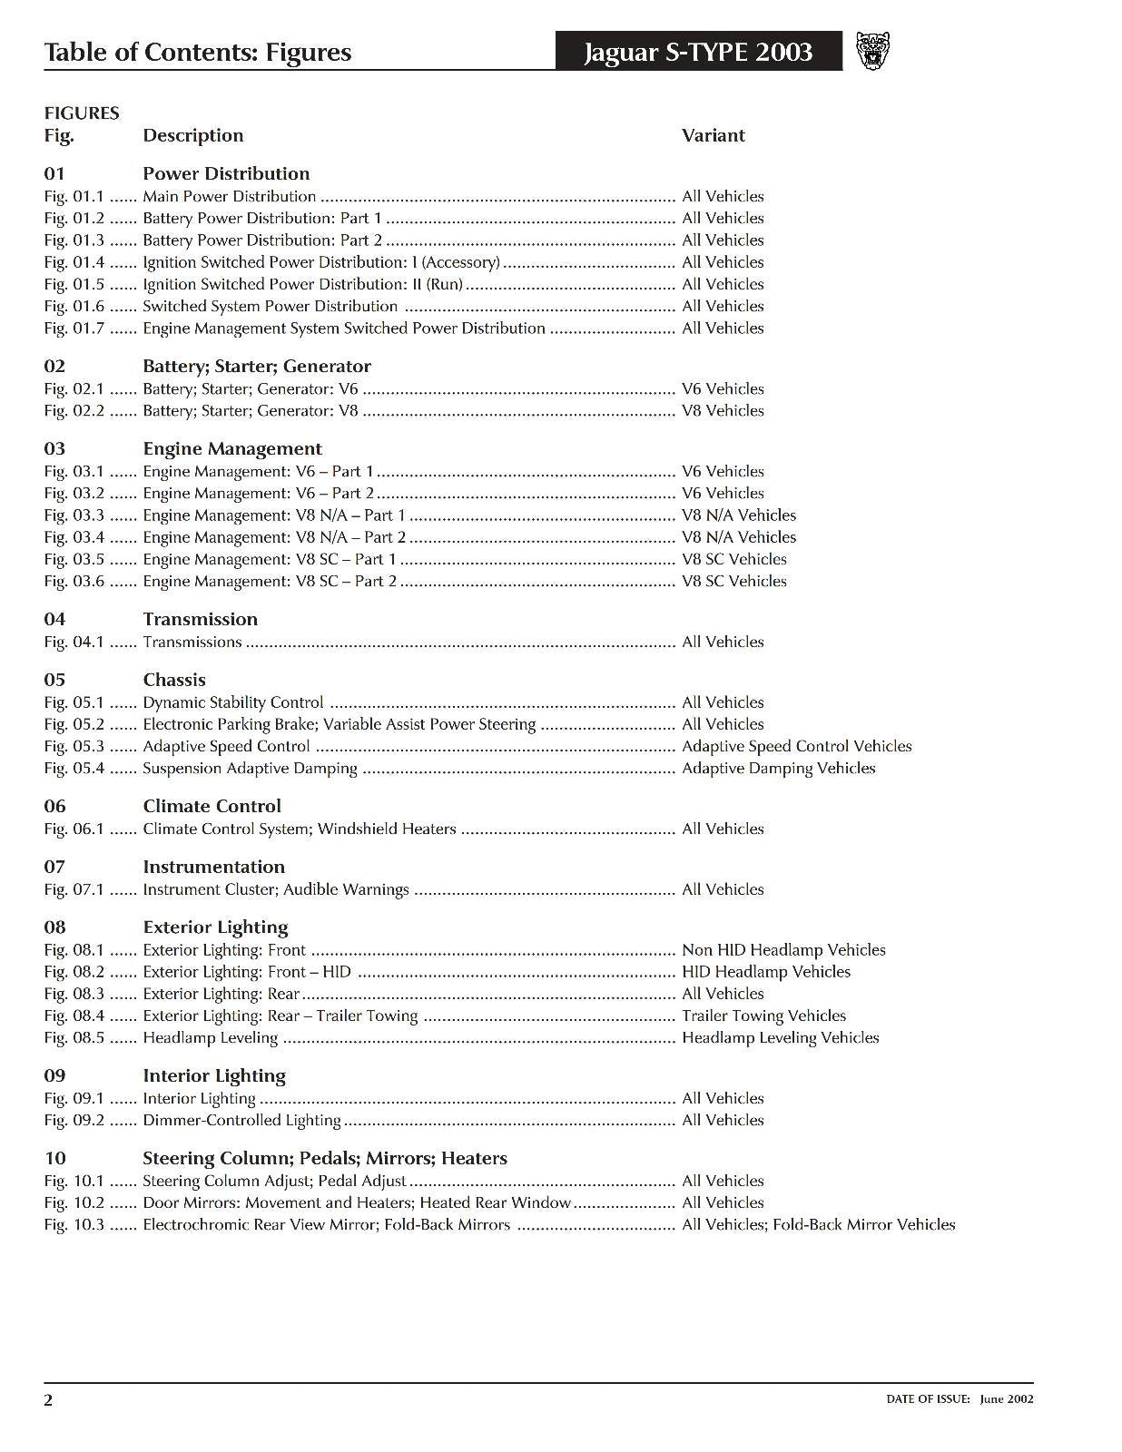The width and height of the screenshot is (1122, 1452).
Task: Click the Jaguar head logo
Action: [x=873, y=51]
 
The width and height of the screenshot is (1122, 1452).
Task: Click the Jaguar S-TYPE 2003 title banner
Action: [x=698, y=52]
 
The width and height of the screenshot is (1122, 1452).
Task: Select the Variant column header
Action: [x=713, y=135]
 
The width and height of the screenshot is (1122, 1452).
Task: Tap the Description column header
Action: [x=192, y=135]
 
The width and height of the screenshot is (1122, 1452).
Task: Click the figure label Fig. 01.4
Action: [x=74, y=262]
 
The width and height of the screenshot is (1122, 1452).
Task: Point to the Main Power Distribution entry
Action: [x=229, y=196]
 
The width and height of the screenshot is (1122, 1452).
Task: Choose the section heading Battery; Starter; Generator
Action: [x=256, y=367]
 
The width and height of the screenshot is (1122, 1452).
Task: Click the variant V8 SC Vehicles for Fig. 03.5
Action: [x=733, y=559]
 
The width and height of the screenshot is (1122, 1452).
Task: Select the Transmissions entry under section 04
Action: [x=192, y=642]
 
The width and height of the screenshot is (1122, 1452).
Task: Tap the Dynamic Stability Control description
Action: [x=232, y=702]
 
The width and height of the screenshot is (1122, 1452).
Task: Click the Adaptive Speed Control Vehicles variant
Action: [x=796, y=746]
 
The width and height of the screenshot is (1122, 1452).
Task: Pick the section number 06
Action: [x=54, y=806]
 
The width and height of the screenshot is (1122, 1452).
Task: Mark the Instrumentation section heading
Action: [x=213, y=867]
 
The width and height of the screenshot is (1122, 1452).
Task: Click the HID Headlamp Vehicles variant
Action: [x=766, y=972]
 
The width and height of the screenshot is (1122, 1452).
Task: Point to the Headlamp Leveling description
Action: [x=210, y=1037]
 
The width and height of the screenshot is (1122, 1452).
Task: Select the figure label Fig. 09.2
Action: [x=74, y=1120]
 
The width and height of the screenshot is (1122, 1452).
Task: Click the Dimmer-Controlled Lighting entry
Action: [x=241, y=1120]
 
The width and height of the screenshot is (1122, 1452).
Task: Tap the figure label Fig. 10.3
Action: [x=74, y=1224]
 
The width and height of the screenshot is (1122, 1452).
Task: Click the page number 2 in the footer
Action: [x=49, y=1399]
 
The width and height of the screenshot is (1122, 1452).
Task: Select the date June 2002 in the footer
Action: [x=1006, y=1398]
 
